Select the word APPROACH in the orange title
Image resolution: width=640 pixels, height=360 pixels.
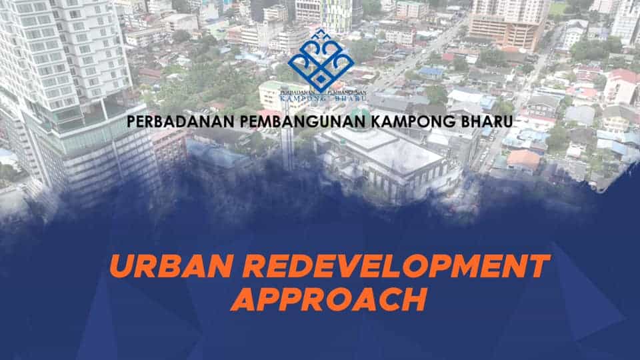329,300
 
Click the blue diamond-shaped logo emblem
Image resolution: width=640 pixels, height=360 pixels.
321,61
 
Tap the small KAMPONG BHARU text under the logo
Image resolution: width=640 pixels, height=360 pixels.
323,99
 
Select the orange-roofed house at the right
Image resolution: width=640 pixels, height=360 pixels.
523,159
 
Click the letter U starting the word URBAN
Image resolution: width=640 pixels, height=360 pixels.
121,266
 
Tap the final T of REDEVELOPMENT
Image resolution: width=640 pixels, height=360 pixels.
537,266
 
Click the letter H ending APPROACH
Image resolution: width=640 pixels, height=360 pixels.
414,300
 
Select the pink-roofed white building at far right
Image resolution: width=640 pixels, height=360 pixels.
621,87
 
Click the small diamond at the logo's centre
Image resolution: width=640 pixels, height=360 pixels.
321,79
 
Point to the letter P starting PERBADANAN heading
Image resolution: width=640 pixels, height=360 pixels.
131,121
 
